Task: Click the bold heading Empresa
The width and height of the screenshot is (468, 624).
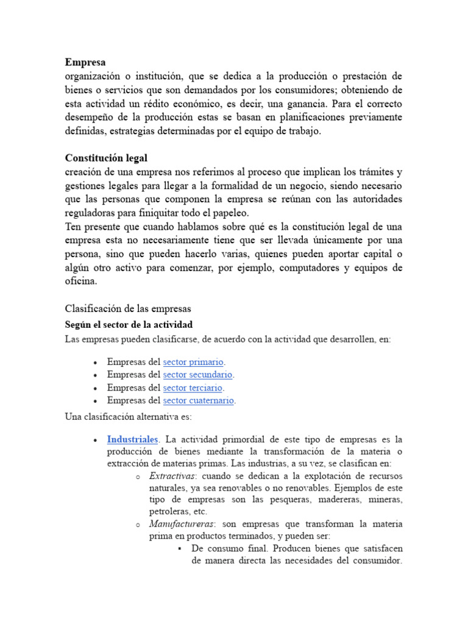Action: pos(85,62)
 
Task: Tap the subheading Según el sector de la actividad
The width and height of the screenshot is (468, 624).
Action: pos(129,324)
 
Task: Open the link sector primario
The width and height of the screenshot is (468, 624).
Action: pos(193,361)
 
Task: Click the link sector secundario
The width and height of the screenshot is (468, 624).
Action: pos(198,374)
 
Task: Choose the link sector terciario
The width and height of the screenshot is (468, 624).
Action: pos(193,388)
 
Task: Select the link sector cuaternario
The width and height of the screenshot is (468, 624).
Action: pos(199,400)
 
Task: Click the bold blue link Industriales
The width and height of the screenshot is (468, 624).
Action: pos(132,439)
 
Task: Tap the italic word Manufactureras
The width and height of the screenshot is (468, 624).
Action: pos(181,524)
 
